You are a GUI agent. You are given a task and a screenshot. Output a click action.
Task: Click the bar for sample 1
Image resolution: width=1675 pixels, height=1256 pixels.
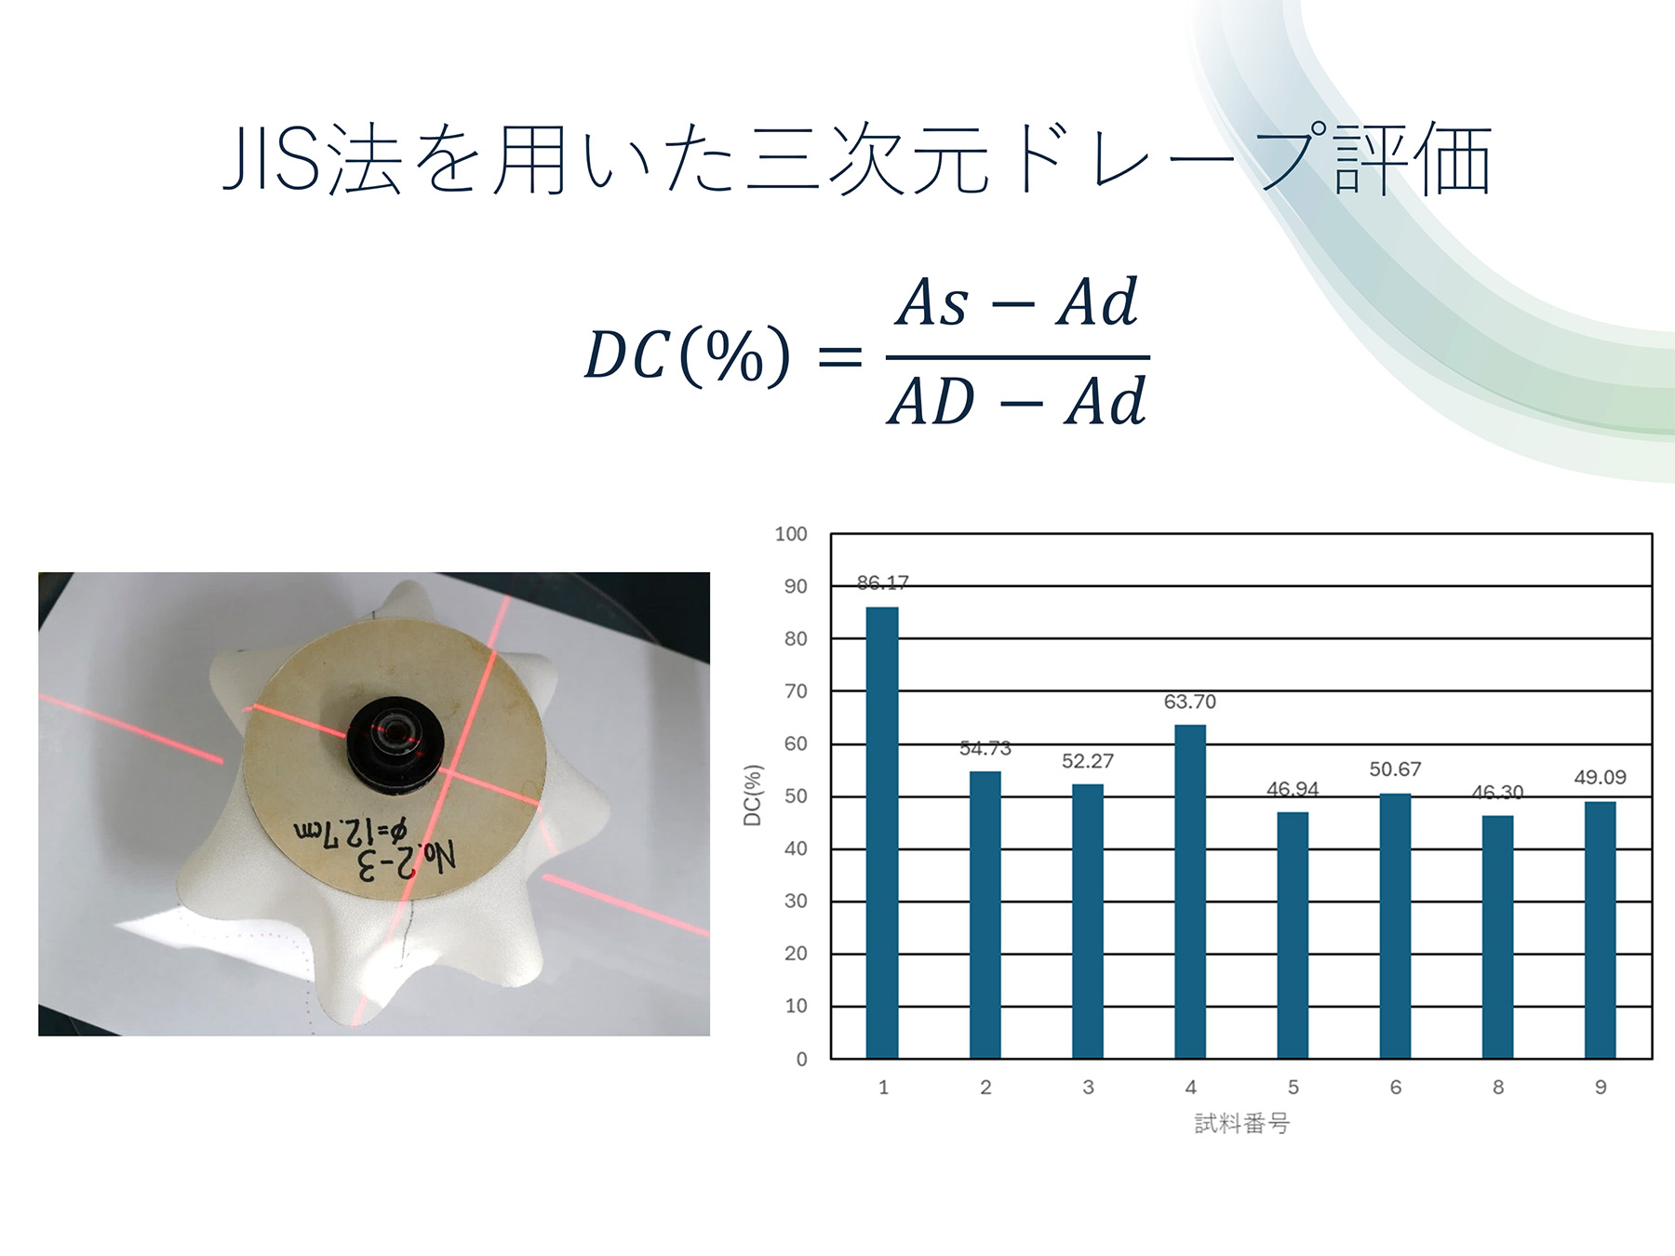[882, 833]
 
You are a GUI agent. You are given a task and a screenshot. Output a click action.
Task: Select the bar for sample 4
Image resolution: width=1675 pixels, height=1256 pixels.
[1190, 891]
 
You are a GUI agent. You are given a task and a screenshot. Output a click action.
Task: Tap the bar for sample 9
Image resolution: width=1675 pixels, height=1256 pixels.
[1601, 929]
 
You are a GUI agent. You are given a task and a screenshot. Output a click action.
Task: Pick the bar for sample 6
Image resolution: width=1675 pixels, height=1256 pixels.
[1395, 926]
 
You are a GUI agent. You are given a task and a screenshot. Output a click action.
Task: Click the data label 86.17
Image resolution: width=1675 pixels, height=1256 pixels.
[882, 582]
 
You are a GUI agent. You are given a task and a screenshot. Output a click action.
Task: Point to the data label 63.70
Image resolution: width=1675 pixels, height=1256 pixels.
[1190, 701]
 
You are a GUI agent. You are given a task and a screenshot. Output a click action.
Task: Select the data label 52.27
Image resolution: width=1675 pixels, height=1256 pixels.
[1088, 761]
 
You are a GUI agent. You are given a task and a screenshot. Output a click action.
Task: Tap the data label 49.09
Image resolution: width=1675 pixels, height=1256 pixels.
[1601, 777]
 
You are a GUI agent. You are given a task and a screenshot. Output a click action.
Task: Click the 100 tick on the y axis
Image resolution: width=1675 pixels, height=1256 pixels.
[791, 534]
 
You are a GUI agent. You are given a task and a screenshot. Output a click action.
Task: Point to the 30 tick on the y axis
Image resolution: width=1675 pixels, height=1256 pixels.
[796, 901]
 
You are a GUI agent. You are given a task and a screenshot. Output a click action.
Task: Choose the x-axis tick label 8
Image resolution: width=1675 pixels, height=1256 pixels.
[1498, 1087]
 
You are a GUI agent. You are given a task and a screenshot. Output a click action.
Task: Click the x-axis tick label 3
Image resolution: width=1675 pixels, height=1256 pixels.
[1088, 1087]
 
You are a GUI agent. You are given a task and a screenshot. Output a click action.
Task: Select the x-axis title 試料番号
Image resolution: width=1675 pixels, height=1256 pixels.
[1242, 1124]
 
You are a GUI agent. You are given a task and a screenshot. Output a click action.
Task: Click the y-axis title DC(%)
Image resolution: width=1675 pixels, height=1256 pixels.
[753, 795]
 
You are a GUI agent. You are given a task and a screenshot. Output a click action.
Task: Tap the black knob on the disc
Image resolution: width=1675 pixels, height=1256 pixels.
[395, 744]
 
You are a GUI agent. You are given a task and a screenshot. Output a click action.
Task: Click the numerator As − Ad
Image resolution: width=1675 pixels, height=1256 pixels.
[1017, 302]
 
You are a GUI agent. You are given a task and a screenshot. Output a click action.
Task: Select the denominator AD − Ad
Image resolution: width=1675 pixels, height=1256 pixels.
[1017, 401]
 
